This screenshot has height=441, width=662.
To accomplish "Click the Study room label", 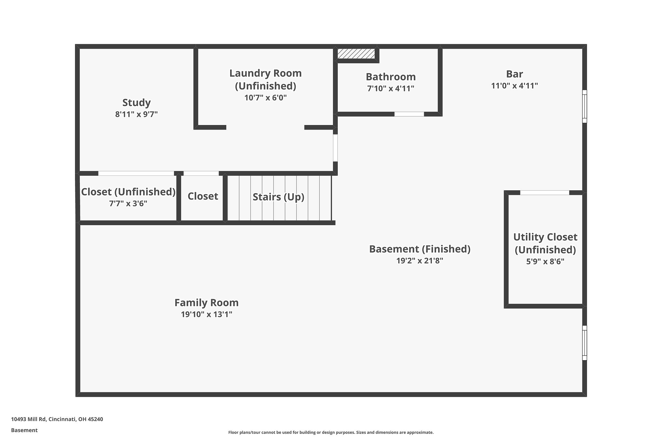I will coord(136,103).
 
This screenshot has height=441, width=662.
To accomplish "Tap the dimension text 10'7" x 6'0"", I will coord(265,98).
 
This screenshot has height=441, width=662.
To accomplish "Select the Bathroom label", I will coord(390,77).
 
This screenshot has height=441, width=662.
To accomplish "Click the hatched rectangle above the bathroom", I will coord(356,54).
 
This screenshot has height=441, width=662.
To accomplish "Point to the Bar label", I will coord(514,74).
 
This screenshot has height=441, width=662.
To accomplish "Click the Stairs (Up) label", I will coord(278,197).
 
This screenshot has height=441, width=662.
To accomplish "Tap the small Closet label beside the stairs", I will coord(203,196).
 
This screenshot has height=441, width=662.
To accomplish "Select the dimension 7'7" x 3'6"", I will coord(128,204).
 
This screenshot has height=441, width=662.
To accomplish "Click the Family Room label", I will coord(206,303).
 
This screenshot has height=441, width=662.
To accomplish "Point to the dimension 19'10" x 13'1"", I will coord(206,314).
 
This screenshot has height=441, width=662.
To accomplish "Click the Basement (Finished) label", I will coord(420,249).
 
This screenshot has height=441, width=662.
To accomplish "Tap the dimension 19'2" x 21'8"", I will coord(420,261).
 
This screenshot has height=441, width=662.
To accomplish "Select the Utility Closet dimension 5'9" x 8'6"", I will coord(545,261).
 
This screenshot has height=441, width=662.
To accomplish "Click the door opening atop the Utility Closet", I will coord(545,193).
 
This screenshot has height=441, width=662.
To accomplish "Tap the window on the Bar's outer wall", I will coord(584,106).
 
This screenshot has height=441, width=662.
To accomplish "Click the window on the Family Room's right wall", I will coord(584,343).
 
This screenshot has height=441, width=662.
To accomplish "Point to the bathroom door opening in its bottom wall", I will coord(409,114).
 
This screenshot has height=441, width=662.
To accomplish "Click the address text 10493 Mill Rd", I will coord(57,419).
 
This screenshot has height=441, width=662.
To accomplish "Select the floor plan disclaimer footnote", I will coord(331,432).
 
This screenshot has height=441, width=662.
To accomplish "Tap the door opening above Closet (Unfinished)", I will coord(136,173).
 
